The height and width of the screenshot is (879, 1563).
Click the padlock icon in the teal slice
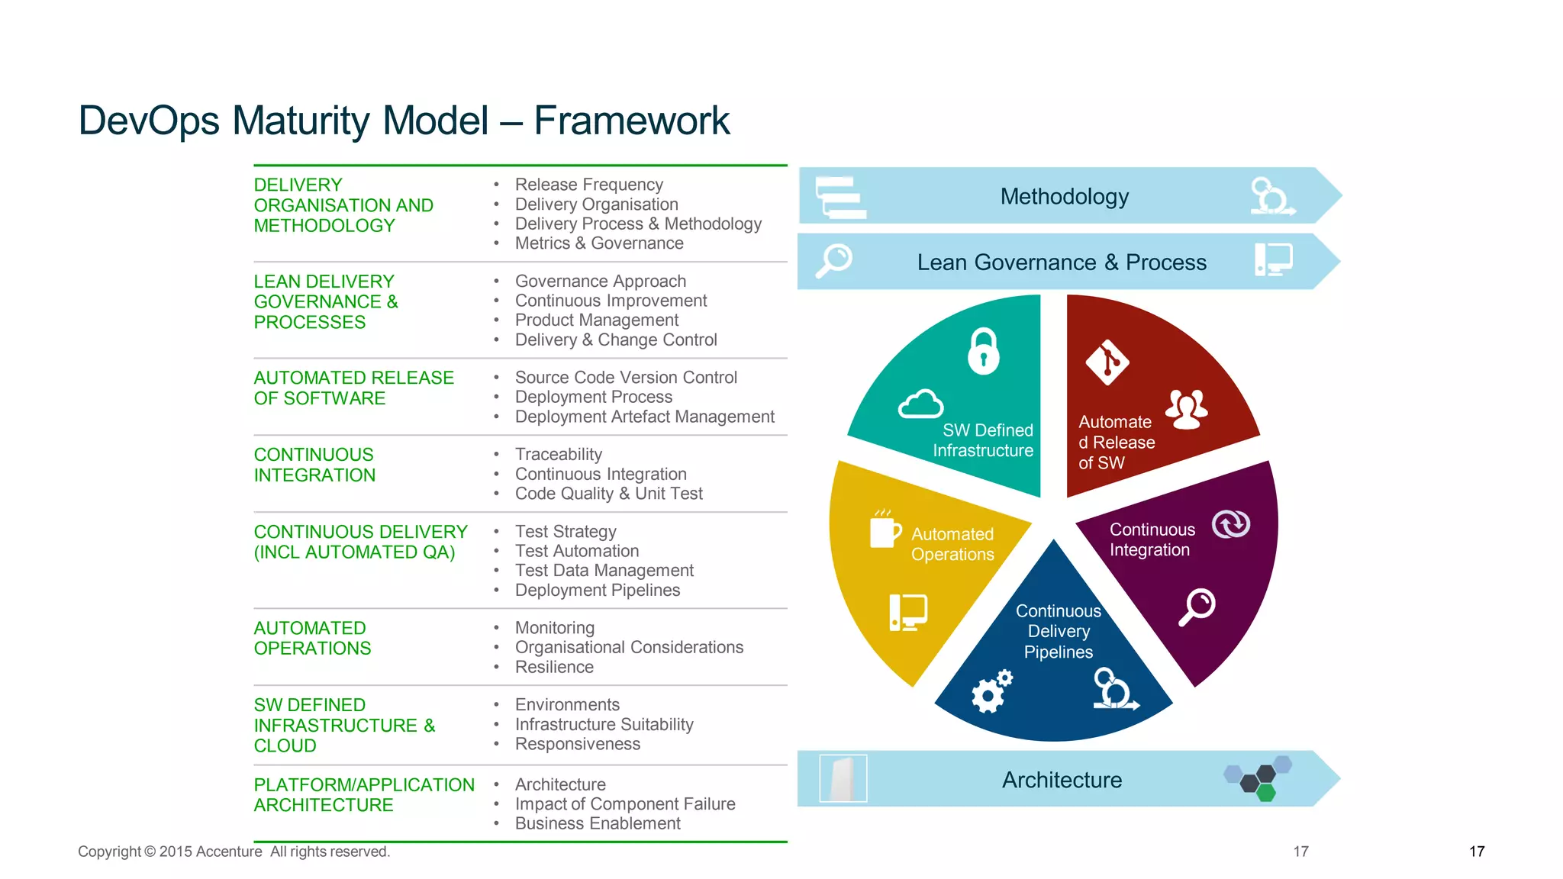pos(984,352)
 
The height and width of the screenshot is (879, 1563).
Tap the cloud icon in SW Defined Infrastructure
pos(920,404)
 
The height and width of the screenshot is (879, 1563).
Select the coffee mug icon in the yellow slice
pos(885,529)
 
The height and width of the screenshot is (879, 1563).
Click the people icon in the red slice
pos(1187,409)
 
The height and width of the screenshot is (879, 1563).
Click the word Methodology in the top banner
pos(1064,197)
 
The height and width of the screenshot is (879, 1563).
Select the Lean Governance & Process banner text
pos(1061,262)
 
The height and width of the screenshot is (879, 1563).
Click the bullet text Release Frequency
pos(588,185)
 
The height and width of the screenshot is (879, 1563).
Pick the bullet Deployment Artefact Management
pos(644,417)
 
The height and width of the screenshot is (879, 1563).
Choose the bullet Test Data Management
pos(604,571)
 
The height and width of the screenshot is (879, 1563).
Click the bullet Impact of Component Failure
pos(624,804)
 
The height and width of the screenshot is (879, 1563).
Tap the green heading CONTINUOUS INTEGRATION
pos(314,465)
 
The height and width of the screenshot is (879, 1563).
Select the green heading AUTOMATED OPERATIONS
pos(312,638)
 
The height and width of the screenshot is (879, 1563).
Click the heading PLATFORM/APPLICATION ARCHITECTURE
pos(363,795)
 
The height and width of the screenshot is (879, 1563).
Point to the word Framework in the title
pos(631,121)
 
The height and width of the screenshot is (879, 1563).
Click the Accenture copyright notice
pos(234,852)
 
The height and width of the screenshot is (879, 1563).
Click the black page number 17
pos(1476,852)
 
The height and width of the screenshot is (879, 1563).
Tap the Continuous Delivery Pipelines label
pos(1058,632)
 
